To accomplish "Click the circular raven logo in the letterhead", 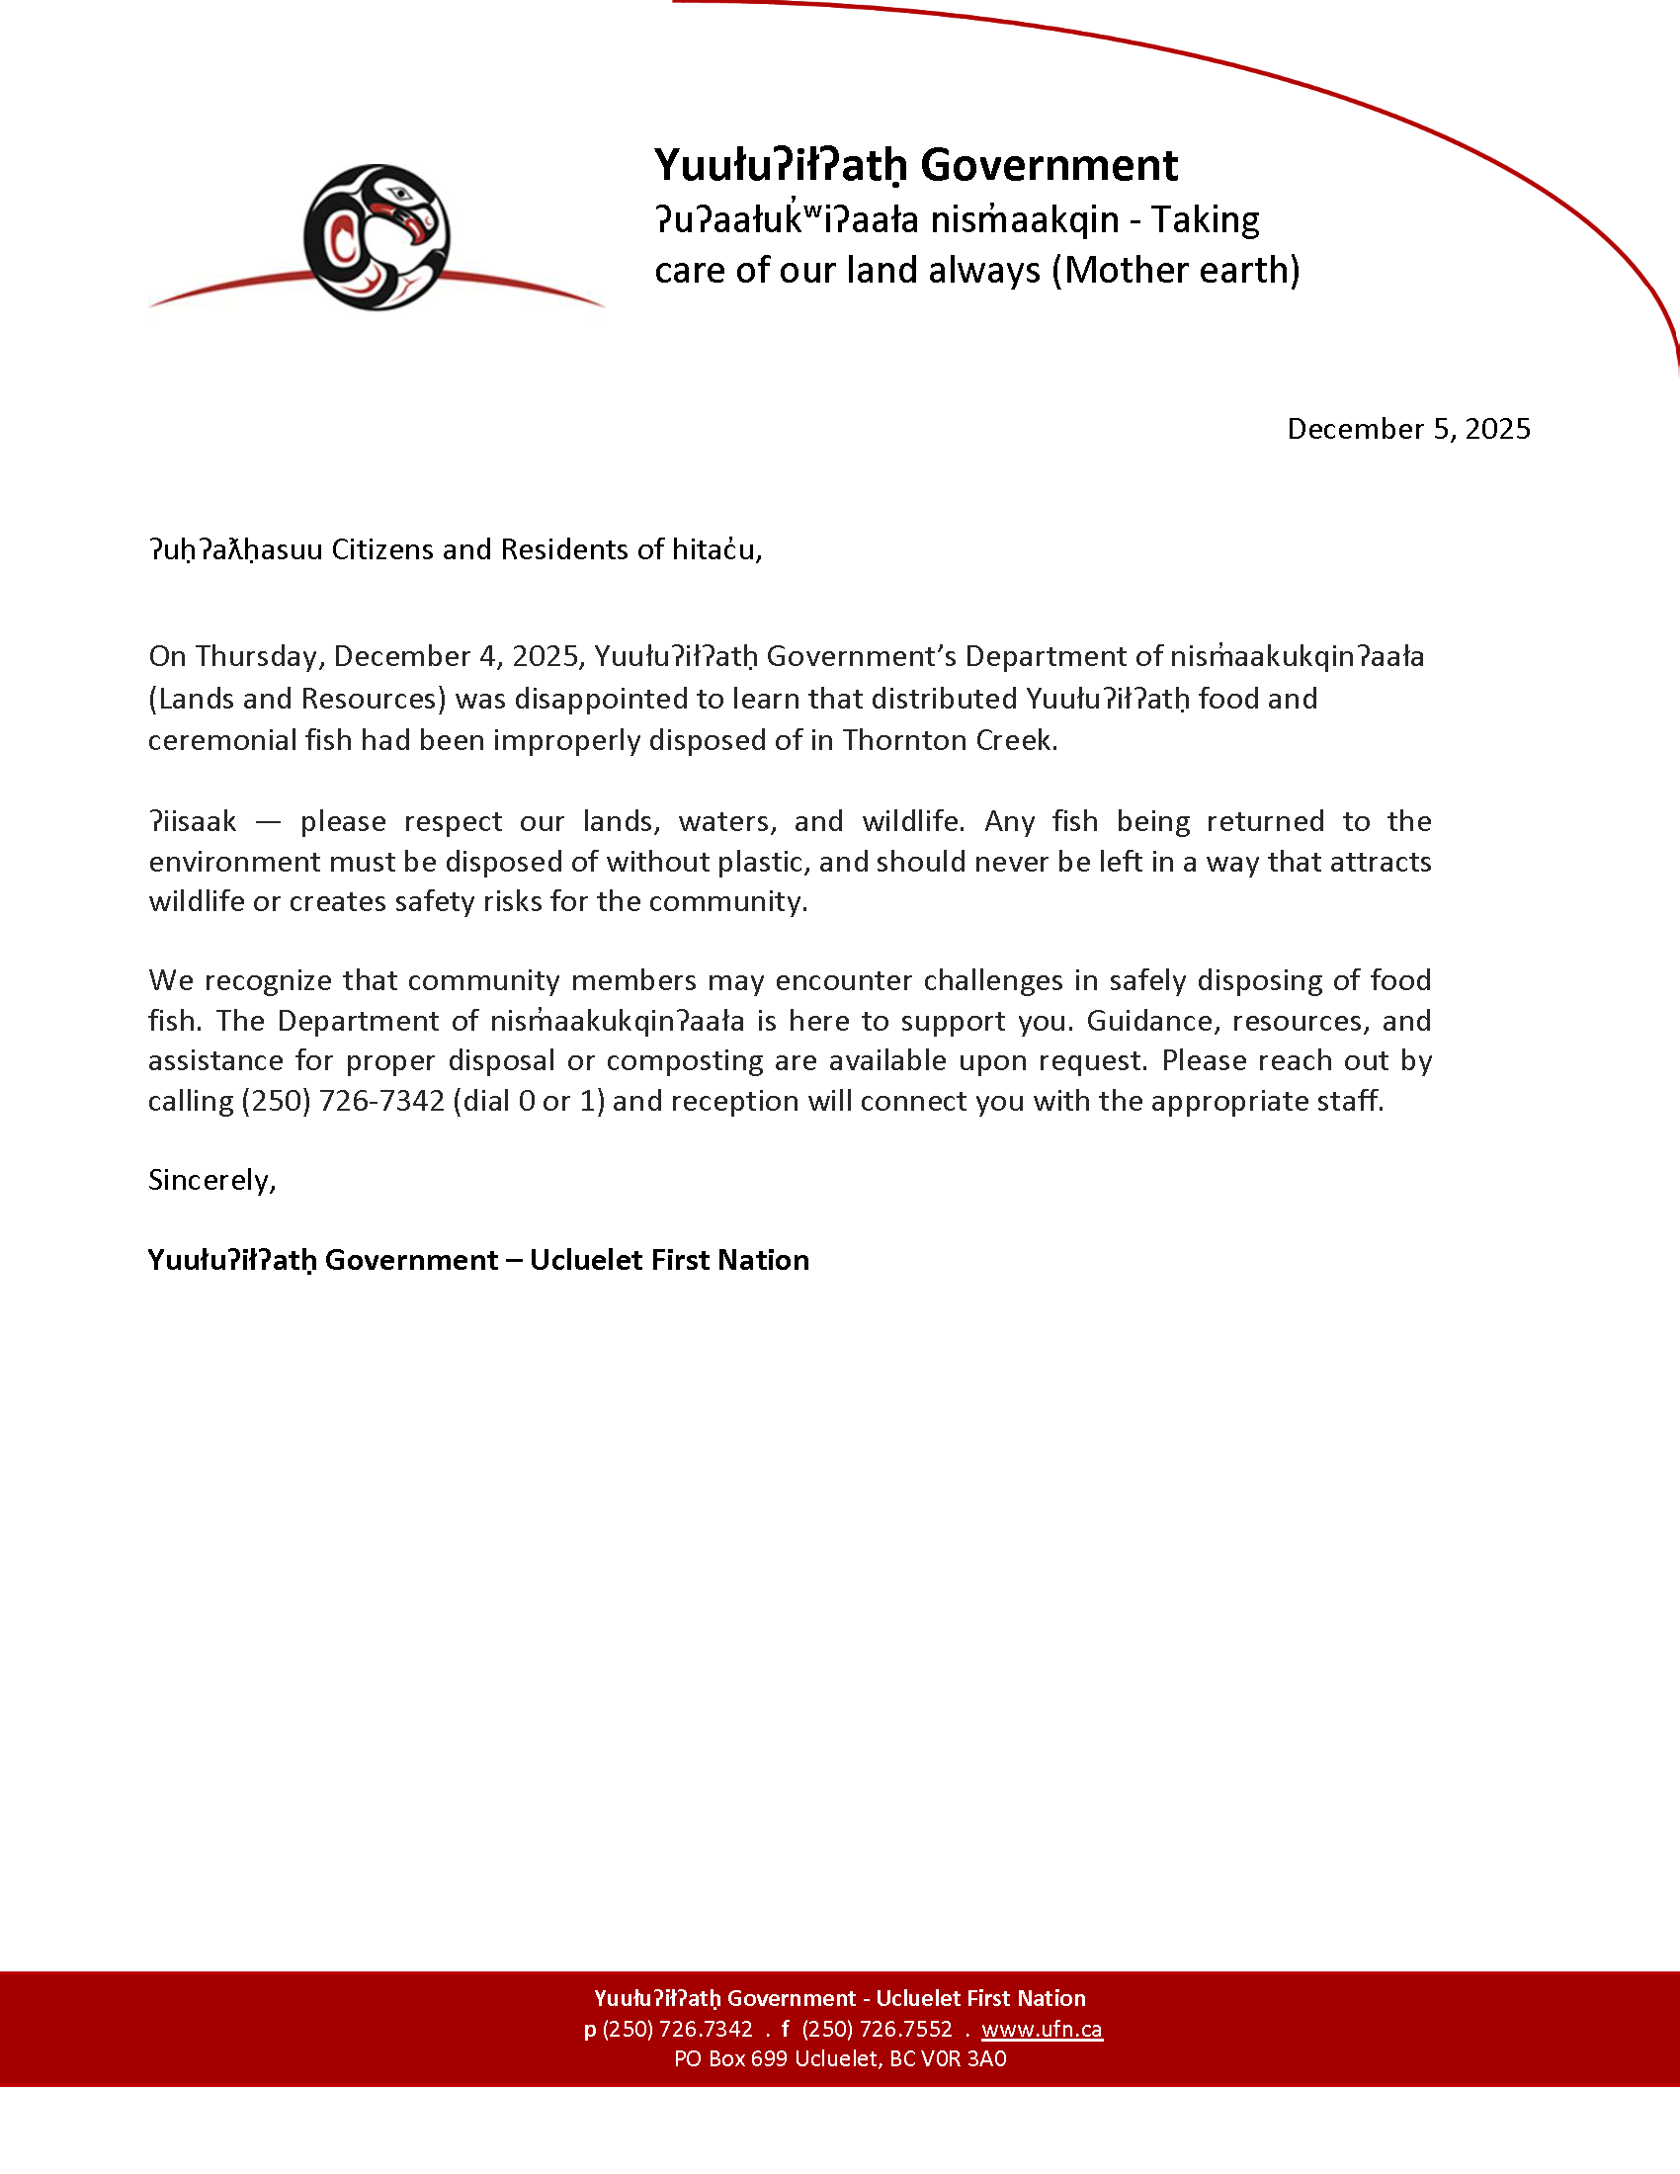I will pyautogui.click(x=377, y=237).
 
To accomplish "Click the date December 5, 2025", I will pyautogui.click(x=1408, y=429).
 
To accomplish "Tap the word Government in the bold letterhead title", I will pyautogui.click(x=1049, y=165).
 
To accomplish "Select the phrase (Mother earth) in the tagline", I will pyautogui.click(x=1175, y=271).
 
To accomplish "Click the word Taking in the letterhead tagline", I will pyautogui.click(x=1205, y=220).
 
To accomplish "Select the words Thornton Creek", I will pyautogui.click(x=948, y=740).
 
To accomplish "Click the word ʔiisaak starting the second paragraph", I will pyautogui.click(x=193, y=822).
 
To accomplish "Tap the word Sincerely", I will pyautogui.click(x=212, y=1181).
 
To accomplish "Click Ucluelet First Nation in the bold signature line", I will pyautogui.click(x=669, y=1260).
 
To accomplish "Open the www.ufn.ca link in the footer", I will pyautogui.click(x=1041, y=2029).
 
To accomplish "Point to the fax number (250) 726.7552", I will pyautogui.click(x=877, y=2029).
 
